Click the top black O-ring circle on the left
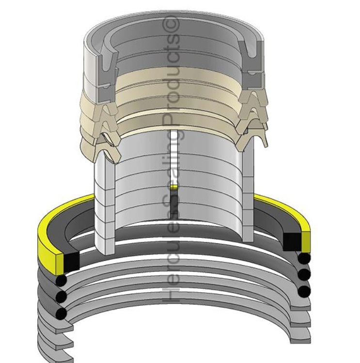click(x=61, y=281)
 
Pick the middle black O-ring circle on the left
click(x=61, y=297)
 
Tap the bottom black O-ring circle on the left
click(x=61, y=314)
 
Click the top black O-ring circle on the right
click(x=304, y=258)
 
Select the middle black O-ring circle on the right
click(x=304, y=275)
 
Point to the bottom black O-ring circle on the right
click(x=304, y=291)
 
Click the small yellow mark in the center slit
click(x=173, y=187)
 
